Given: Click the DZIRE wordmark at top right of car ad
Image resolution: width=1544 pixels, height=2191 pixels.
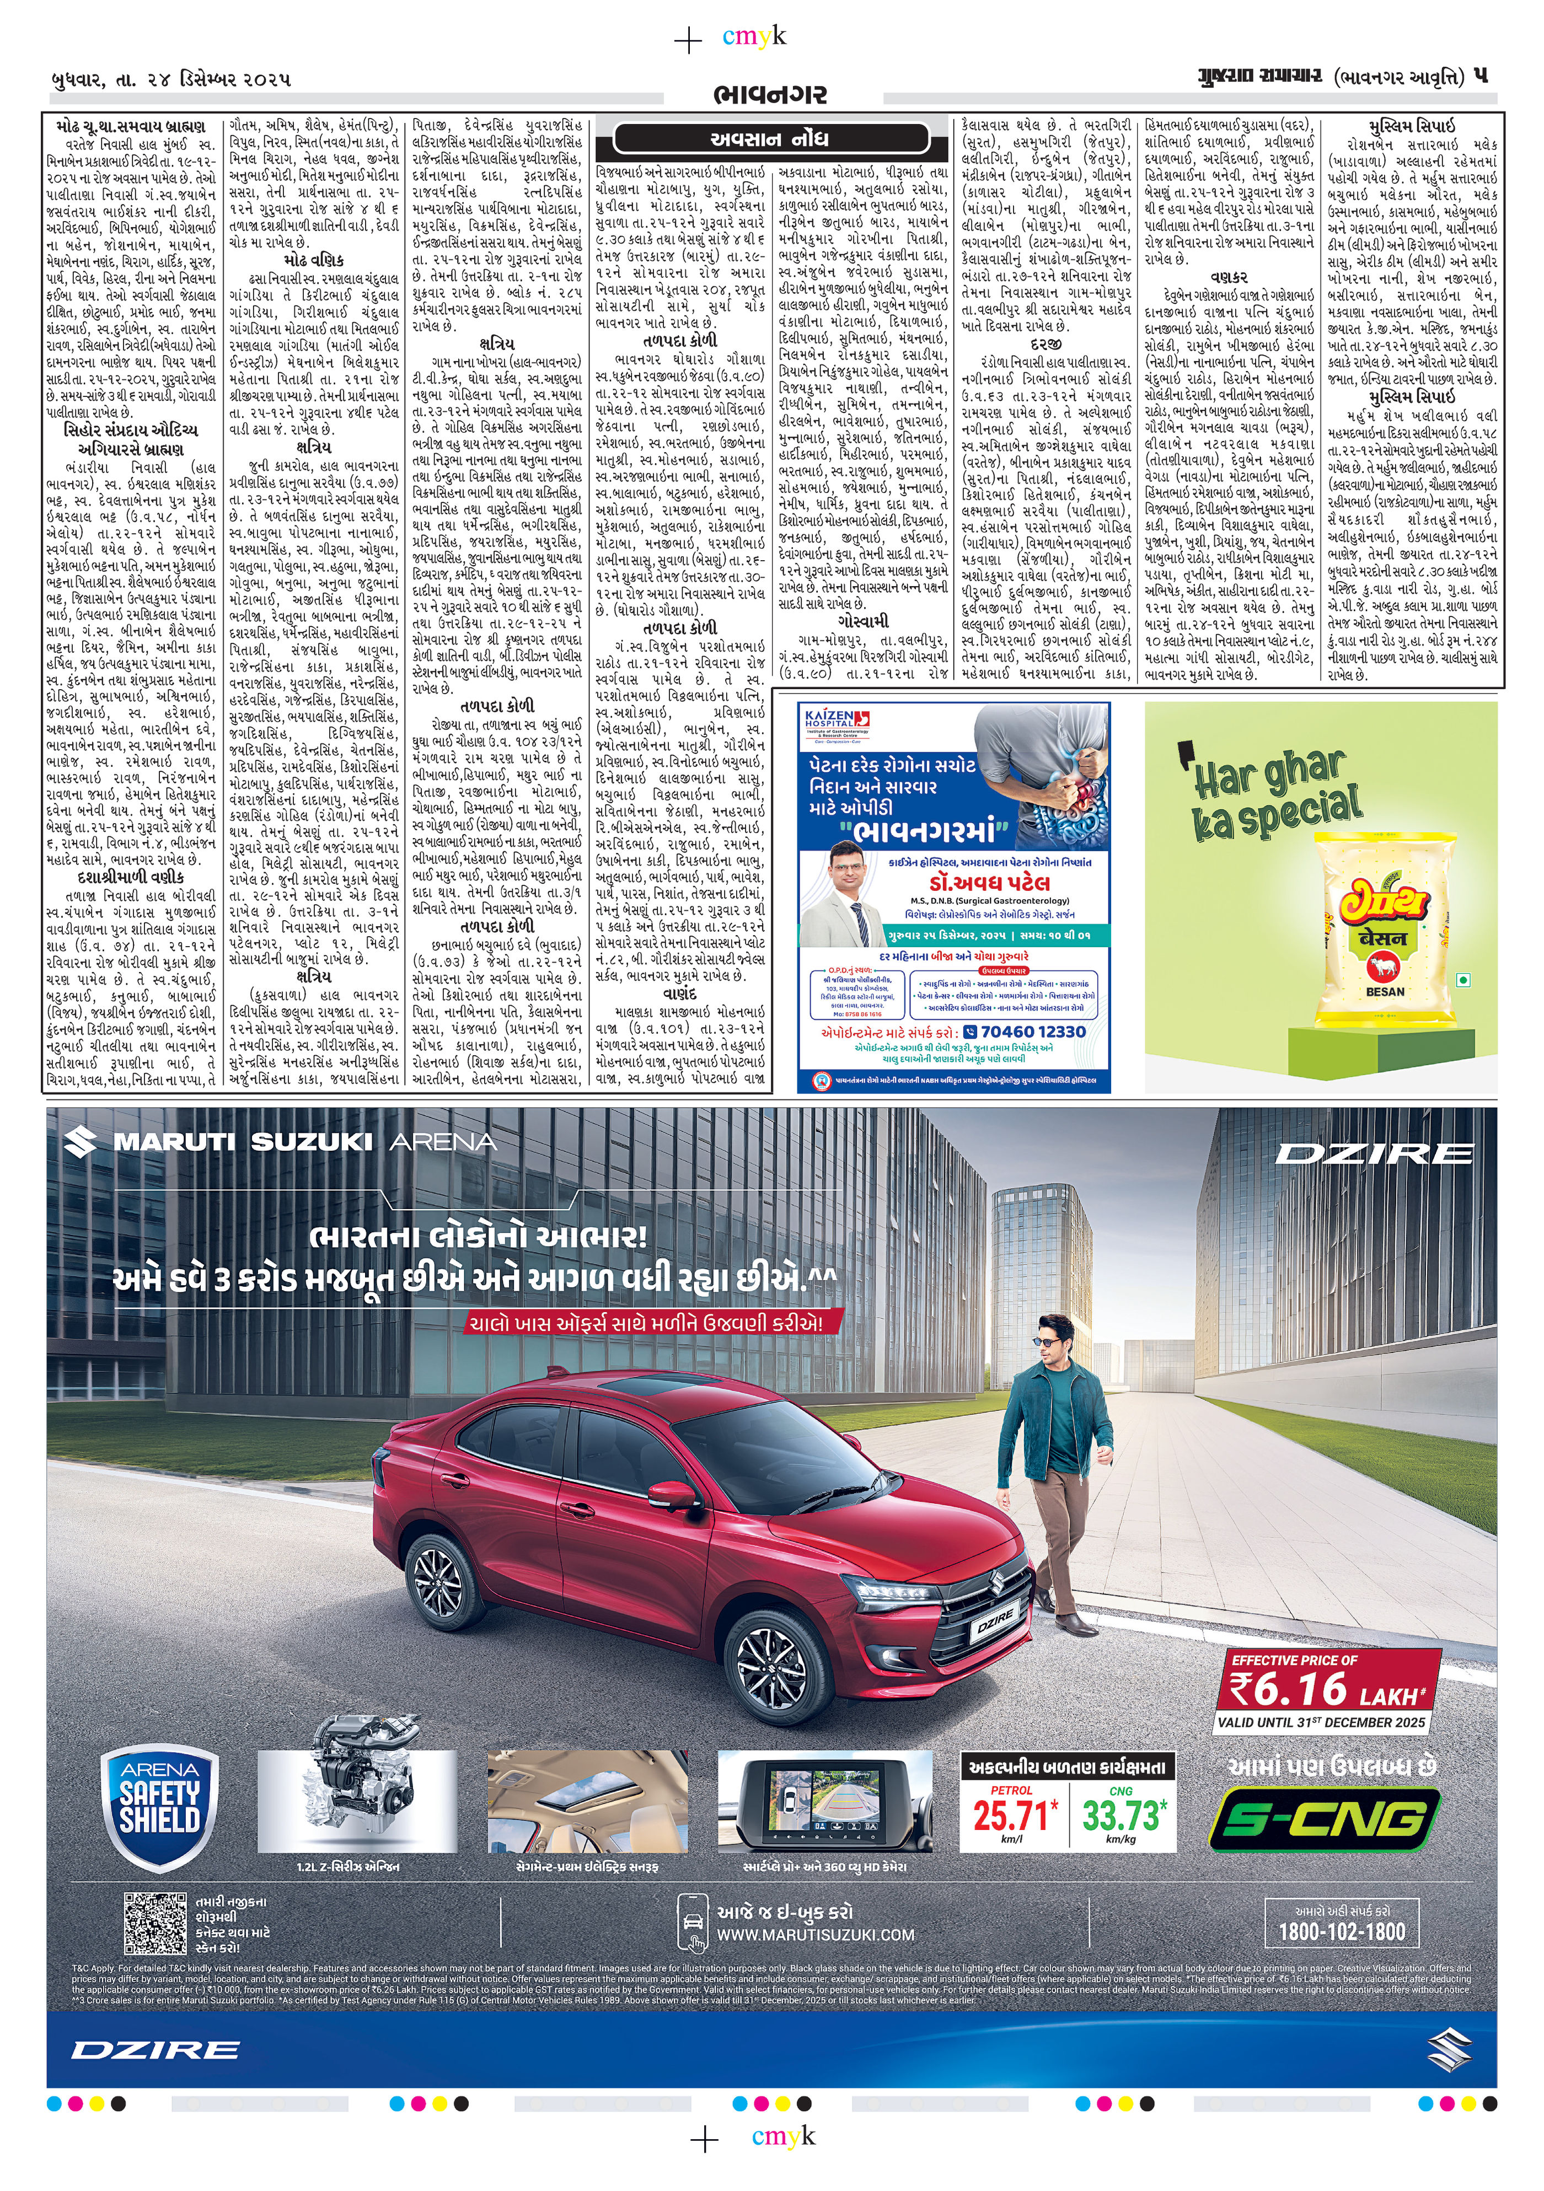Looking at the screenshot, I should (x=1374, y=1153).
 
